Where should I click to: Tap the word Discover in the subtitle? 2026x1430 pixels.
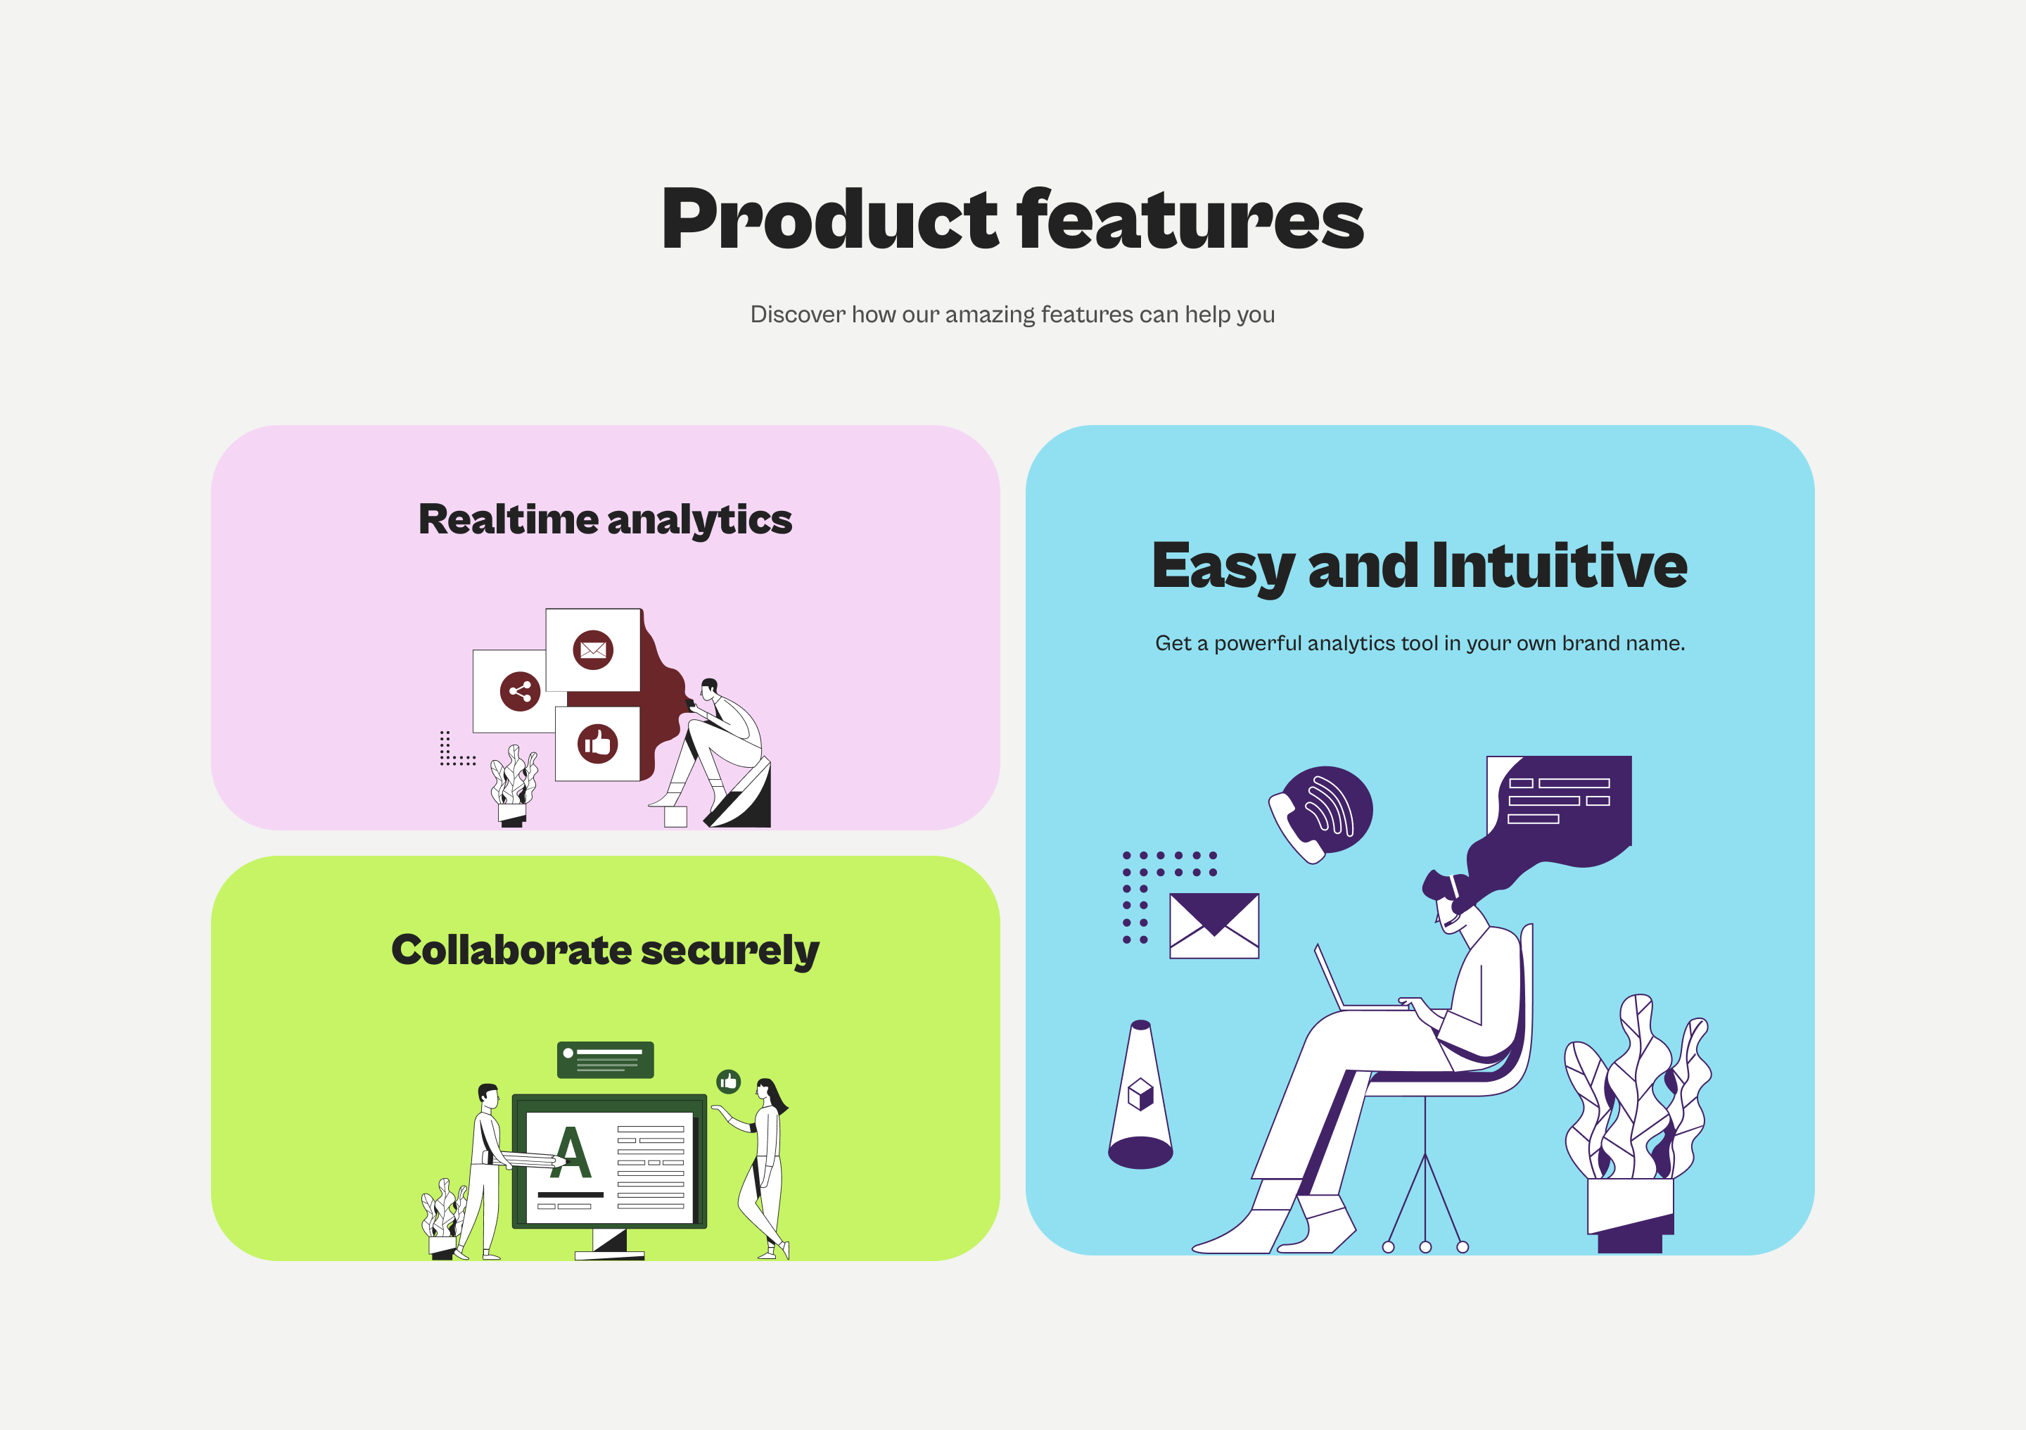[x=798, y=315]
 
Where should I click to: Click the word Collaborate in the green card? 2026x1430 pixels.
[x=511, y=950]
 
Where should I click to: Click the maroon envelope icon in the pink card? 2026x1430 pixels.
[x=593, y=650]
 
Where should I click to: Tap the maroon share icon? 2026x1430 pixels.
[x=520, y=691]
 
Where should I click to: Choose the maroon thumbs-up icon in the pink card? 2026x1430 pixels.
[x=597, y=744]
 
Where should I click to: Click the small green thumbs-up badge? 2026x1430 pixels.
[x=728, y=1082]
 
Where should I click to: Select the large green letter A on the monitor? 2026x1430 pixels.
[x=571, y=1153]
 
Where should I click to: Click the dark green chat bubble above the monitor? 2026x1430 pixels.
[x=605, y=1059]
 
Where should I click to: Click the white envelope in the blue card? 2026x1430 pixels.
[x=1214, y=926]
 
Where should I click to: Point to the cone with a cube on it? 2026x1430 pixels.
[x=1141, y=1094]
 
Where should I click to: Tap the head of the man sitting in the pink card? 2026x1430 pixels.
[x=708, y=688]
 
